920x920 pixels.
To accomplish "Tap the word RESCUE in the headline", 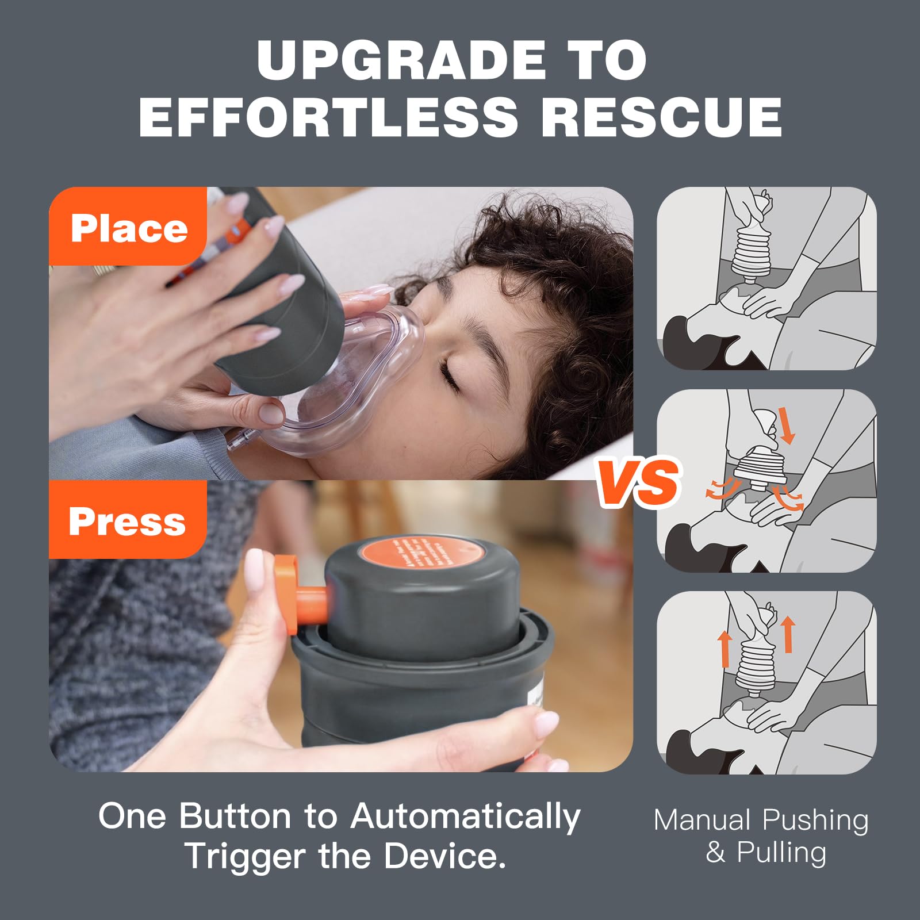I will [x=661, y=117].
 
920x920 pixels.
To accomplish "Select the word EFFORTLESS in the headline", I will [x=328, y=117].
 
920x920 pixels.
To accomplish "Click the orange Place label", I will [x=129, y=228].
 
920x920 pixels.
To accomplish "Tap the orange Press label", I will [x=127, y=521].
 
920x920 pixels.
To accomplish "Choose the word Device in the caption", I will [x=444, y=856].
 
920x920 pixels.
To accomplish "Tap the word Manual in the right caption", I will [x=702, y=820].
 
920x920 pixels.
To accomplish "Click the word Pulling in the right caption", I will [x=781, y=852].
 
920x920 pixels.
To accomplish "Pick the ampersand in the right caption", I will [x=715, y=852].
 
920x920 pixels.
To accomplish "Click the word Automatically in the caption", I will [x=465, y=817].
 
